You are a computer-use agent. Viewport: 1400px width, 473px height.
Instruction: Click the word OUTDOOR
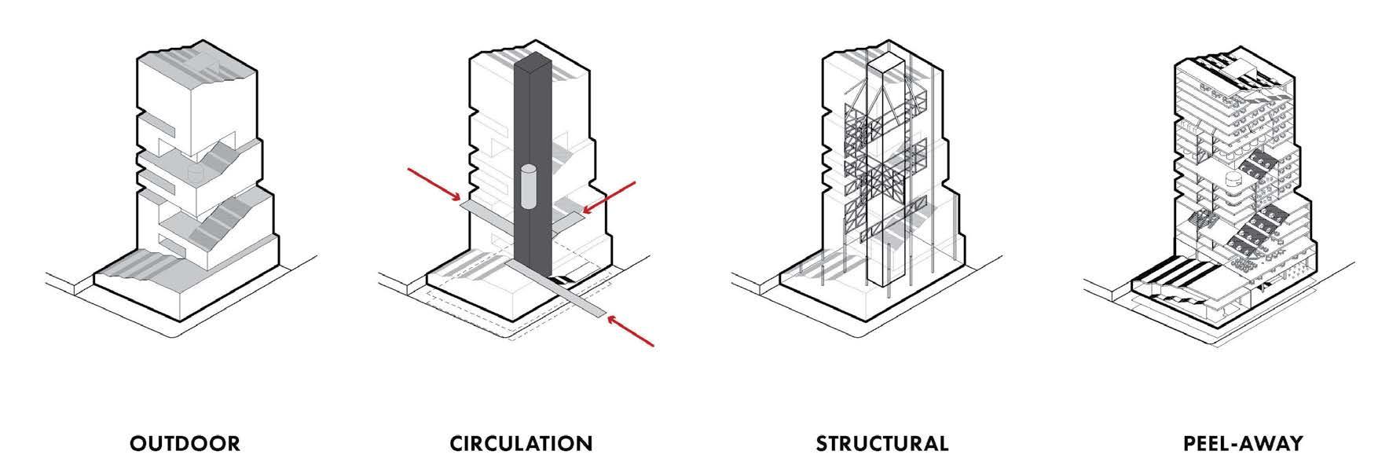[x=185, y=443]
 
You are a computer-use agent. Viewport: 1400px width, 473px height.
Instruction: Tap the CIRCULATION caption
[x=521, y=443]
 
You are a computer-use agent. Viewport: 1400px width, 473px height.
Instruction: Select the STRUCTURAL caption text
[x=881, y=443]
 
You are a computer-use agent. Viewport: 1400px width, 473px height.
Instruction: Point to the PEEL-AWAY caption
[x=1242, y=443]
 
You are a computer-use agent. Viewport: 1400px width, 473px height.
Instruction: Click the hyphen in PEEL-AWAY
[x=1248, y=444]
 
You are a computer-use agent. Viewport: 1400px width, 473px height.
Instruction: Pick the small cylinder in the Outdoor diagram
[x=192, y=171]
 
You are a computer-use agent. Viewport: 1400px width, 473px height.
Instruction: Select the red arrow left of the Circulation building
[x=434, y=185]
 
